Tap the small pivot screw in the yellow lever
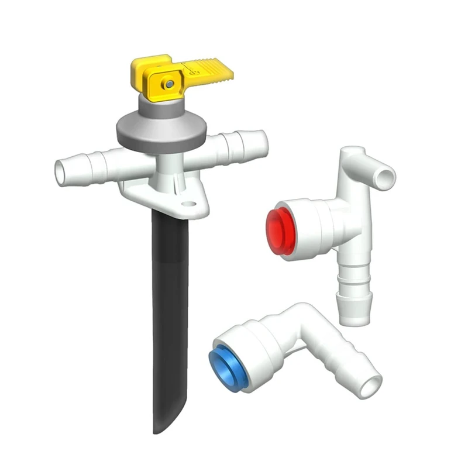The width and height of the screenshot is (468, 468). point(169,84)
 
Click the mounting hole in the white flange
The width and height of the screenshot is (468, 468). point(188,205)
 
